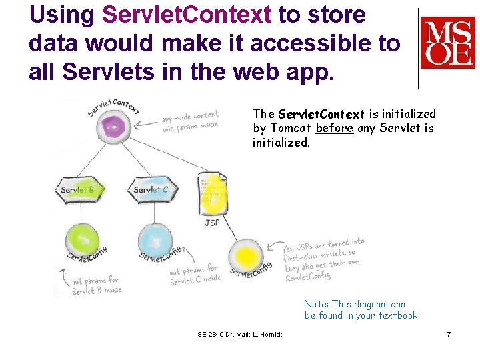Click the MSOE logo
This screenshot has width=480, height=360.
447,43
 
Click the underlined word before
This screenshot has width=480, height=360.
335,129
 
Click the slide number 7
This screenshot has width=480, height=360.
449,333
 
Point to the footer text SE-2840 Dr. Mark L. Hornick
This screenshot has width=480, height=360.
240,334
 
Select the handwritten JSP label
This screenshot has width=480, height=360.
211,223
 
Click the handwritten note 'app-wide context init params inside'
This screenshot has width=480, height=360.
189,121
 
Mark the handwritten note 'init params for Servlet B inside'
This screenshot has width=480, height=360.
95,285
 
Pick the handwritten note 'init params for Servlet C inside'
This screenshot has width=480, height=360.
194,275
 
